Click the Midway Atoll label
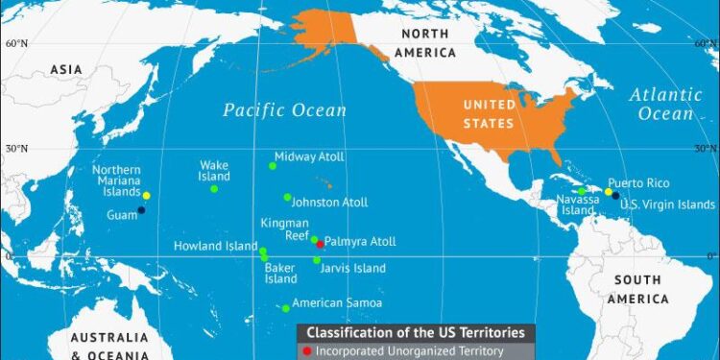pyautogui.click(x=309, y=156)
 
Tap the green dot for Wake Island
pyautogui.click(x=214, y=188)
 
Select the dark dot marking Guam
pyautogui.click(x=141, y=210)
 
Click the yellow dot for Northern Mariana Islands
pyautogui.click(x=146, y=196)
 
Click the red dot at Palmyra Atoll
pyautogui.click(x=320, y=245)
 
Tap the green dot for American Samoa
pyautogui.click(x=285, y=308)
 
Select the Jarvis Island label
pyautogui.click(x=352, y=269)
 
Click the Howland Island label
pyautogui.click(x=216, y=246)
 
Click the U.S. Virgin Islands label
pyautogui.click(x=667, y=204)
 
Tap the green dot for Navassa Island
pyautogui.click(x=582, y=191)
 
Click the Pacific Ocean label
pyautogui.click(x=285, y=110)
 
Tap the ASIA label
pyautogui.click(x=67, y=68)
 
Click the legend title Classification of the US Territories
pyautogui.click(x=415, y=332)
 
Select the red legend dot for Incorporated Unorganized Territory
pyautogui.click(x=306, y=351)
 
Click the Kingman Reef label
pyautogui.click(x=285, y=229)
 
